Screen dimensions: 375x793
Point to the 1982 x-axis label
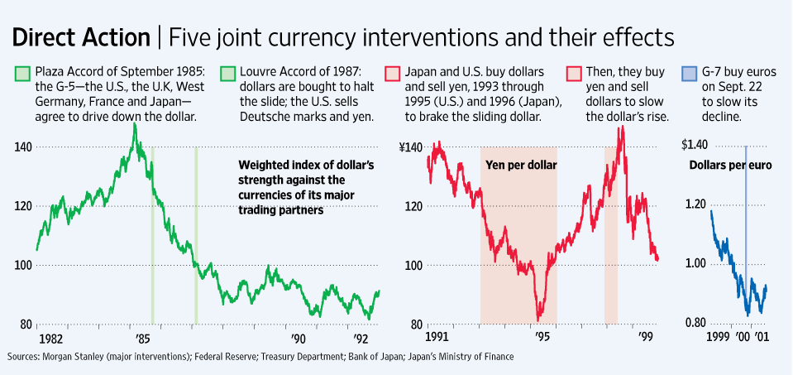(x=50, y=339)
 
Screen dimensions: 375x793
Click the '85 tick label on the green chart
(x=143, y=339)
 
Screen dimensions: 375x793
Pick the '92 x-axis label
(x=361, y=339)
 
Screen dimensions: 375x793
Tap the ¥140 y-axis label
(x=409, y=147)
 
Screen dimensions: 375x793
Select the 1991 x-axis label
(x=440, y=339)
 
